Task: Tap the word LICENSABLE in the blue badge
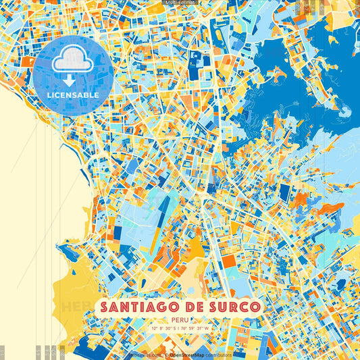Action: [x=72, y=95]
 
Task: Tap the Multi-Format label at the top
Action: [x=180, y=3]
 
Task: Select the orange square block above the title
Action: [x=230, y=261]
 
